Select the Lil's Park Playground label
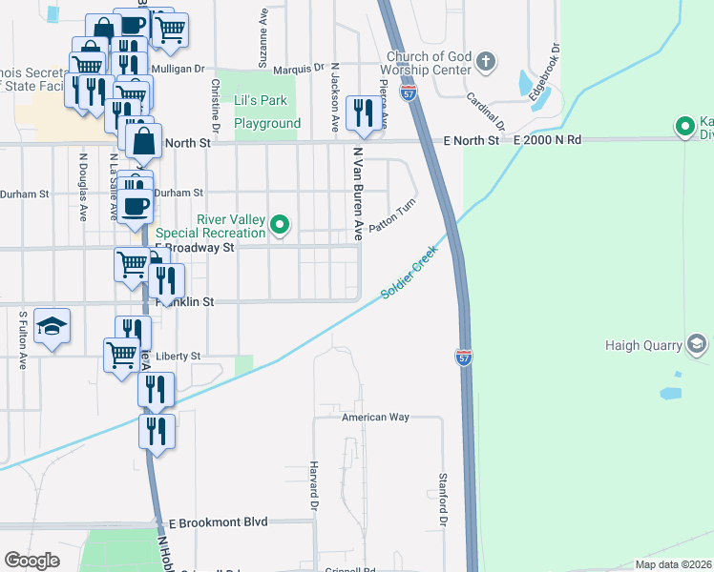(x=267, y=112)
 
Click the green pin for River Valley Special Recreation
(x=280, y=226)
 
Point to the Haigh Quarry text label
(x=642, y=344)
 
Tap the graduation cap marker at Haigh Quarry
(x=696, y=344)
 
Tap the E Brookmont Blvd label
(x=219, y=522)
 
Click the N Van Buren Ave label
(x=359, y=193)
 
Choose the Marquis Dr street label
(x=299, y=69)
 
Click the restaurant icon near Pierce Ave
(x=361, y=113)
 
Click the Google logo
(x=32, y=561)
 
